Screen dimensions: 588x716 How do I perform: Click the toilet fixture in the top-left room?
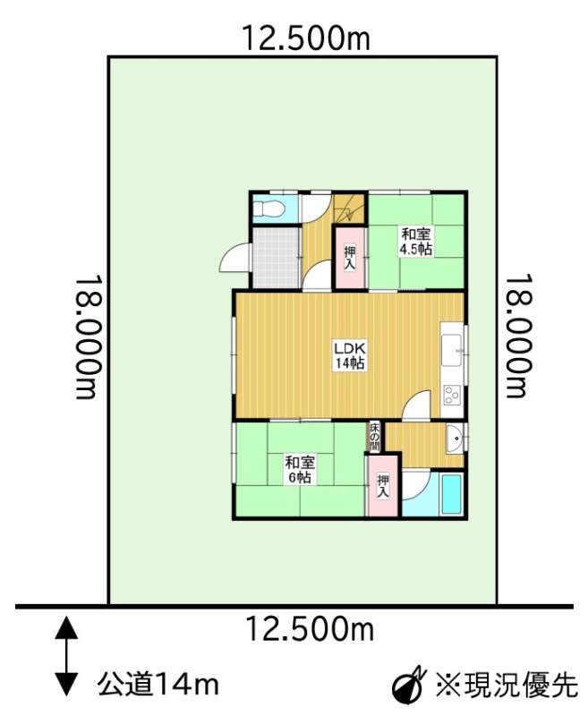coord(269,209)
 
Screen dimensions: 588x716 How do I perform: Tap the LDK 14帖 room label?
coord(350,355)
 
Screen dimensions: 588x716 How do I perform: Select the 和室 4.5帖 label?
coord(416,242)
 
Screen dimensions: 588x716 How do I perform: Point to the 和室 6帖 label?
coord(300,469)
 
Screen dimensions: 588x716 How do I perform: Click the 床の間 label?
coord(374,437)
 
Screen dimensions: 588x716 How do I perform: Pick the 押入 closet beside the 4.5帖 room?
coord(350,258)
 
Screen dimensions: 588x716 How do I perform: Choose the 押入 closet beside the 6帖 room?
coord(383,486)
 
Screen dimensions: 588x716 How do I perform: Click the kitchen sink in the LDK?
coord(451,350)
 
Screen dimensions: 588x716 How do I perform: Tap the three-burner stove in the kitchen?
coord(453,396)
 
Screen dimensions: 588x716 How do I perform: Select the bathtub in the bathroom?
coord(451,495)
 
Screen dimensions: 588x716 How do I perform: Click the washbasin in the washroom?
coord(455,439)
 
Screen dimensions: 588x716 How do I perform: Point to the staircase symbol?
coord(350,209)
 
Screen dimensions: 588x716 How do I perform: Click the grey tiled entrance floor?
coord(276,258)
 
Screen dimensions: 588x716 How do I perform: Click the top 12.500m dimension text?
coord(305,38)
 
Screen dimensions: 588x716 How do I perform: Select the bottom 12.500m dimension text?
coord(310,629)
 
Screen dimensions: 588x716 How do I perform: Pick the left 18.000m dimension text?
coord(87,337)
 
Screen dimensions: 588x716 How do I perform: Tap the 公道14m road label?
coord(158,685)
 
